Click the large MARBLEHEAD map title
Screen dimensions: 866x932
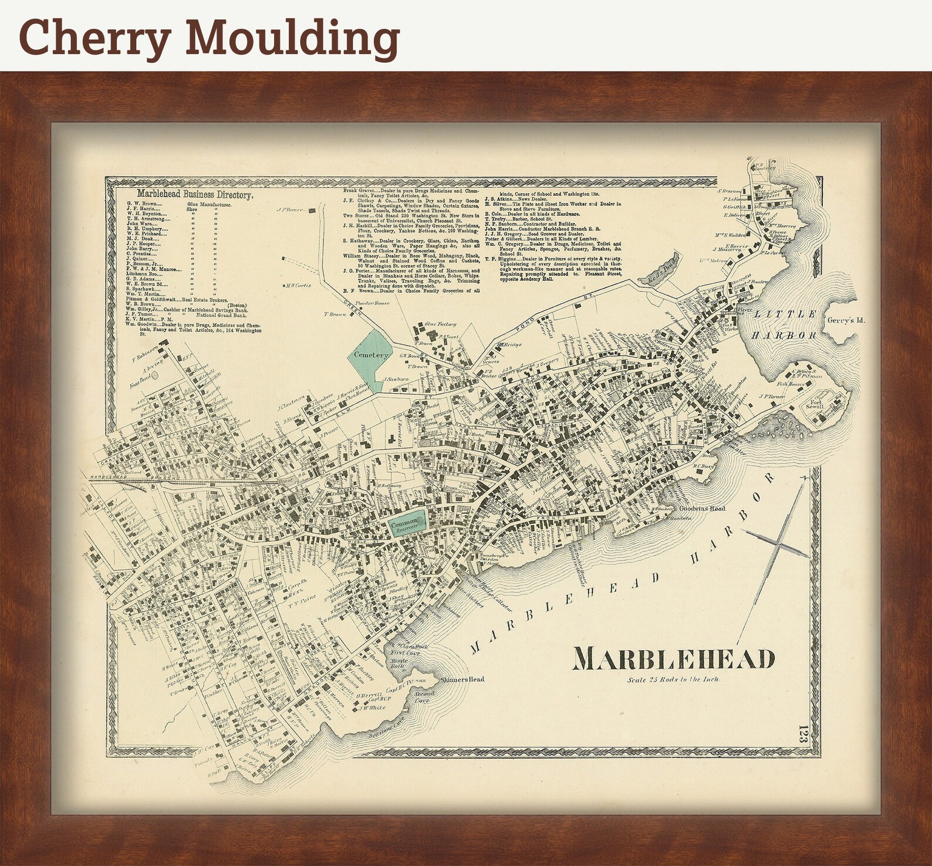click(x=673, y=658)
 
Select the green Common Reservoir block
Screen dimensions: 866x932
click(x=406, y=520)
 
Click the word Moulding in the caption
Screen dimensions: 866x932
click(x=292, y=36)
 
